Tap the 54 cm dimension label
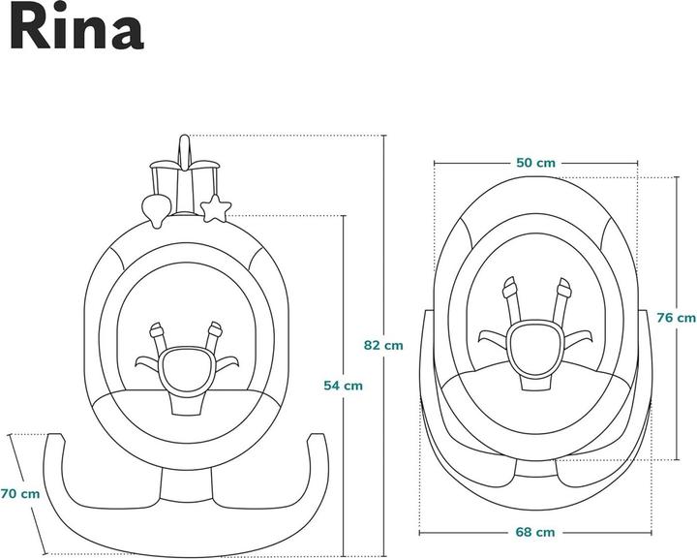coord(343,385)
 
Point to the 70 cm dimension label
coord(20,493)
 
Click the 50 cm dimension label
coord(535,163)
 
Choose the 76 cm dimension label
coord(676,317)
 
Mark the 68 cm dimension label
coord(535,531)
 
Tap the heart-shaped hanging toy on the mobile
coord(154,206)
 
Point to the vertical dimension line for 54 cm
coord(343,291)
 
